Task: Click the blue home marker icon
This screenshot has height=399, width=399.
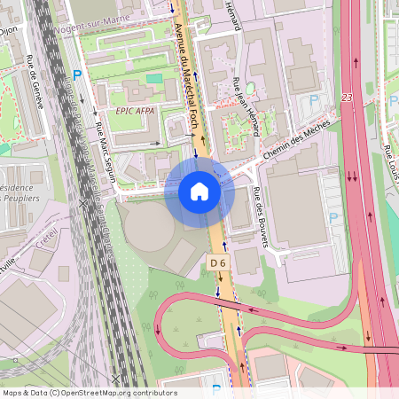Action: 199,192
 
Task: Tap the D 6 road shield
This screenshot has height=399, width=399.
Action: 218,262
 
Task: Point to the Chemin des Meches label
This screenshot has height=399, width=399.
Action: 299,143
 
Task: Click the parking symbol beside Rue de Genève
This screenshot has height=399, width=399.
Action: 76,77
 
